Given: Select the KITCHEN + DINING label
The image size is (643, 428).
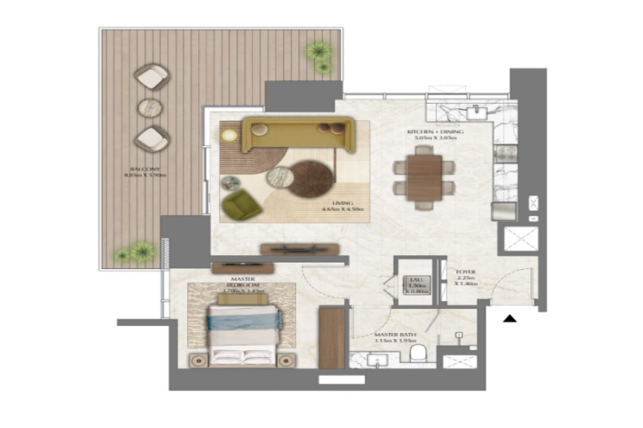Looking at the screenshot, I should pyautogui.click(x=435, y=133).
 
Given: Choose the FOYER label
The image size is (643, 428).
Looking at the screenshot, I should pyautogui.click(x=465, y=277).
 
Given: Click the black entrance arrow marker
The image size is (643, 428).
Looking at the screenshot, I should pyautogui.click(x=509, y=320).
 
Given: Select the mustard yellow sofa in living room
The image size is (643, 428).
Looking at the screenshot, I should pyautogui.click(x=297, y=134).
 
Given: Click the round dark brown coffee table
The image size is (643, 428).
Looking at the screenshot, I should pyautogui.click(x=311, y=178).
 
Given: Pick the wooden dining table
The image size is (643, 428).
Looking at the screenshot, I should pyautogui.click(x=423, y=177).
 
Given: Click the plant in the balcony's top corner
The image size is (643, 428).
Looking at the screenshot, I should pyautogui.click(x=318, y=54).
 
